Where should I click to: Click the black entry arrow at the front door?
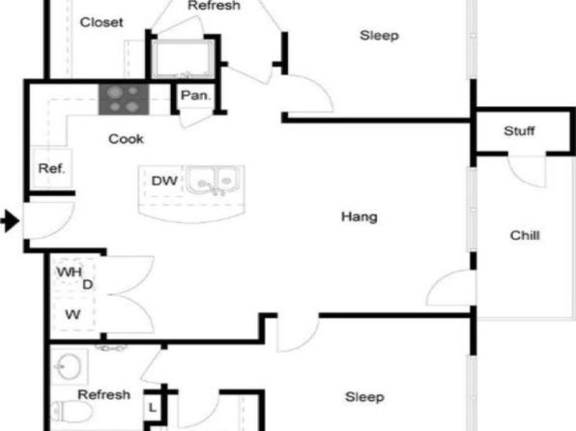[10, 221]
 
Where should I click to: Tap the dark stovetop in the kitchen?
[124, 100]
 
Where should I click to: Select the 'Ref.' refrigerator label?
[52, 169]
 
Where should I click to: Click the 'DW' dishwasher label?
[164, 181]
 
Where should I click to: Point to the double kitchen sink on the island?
[215, 180]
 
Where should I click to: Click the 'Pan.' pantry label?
[196, 96]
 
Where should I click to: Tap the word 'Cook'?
[126, 139]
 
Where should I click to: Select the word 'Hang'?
[360, 216]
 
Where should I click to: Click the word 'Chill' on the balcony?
[525, 235]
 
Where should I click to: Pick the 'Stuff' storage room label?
[519, 130]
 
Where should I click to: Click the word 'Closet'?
[101, 22]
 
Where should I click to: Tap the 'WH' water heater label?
[69, 272]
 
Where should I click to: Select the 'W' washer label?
[72, 314]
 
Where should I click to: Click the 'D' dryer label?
[87, 285]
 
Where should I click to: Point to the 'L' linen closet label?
[153, 408]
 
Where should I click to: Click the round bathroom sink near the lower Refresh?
[69, 366]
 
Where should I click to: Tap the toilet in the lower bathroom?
[72, 412]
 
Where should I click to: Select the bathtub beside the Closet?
[183, 59]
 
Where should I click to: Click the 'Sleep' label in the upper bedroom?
[379, 36]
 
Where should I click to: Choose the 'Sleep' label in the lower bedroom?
[364, 397]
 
